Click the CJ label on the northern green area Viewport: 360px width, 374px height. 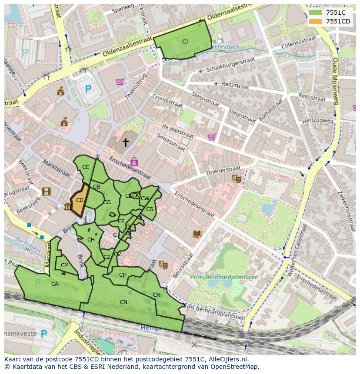(185, 42)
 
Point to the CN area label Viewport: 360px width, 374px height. (123, 302)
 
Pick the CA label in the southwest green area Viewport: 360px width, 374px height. (55, 284)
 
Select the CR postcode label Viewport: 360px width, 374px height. (157, 295)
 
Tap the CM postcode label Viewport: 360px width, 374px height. (65, 265)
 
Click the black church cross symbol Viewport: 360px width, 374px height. (126, 142)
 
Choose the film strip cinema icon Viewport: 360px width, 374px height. (46, 192)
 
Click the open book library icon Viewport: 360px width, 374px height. (197, 234)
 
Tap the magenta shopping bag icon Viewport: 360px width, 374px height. (134, 162)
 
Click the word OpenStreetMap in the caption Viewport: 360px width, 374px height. (230, 367)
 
